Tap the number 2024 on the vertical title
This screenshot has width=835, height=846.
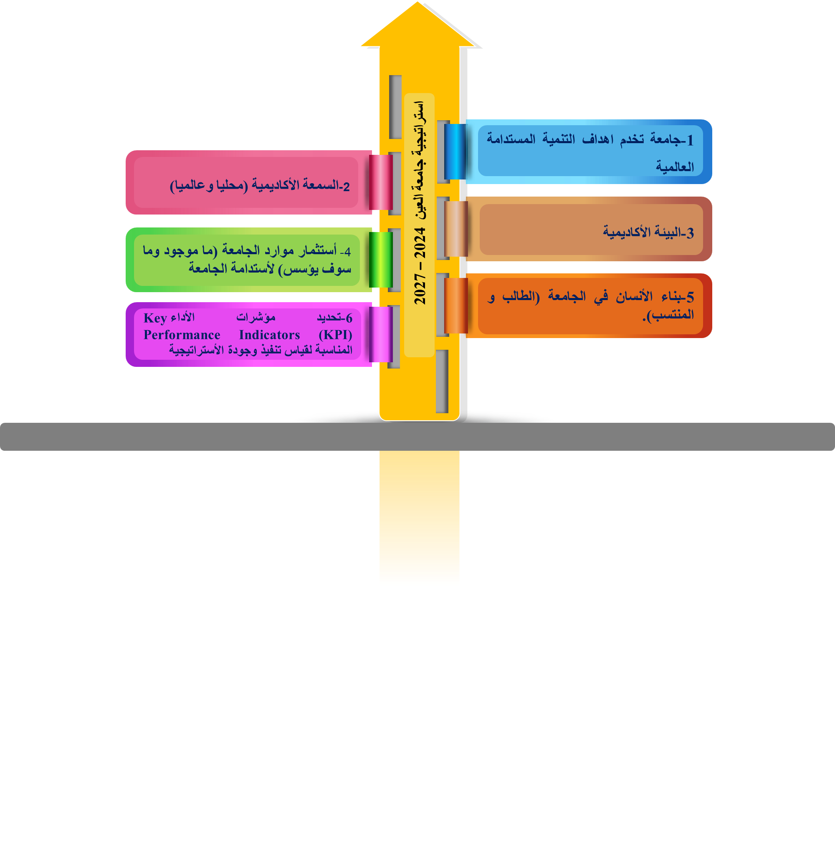point(420,242)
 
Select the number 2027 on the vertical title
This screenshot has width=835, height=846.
point(420,290)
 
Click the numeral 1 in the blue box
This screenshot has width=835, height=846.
point(690,140)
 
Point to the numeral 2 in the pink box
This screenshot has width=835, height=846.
point(346,187)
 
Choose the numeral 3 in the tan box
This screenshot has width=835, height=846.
point(690,232)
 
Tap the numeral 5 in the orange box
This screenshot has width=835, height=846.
point(690,297)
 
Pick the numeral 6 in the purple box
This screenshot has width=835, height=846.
point(349,318)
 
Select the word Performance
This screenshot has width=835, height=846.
point(182,335)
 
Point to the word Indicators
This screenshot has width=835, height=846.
point(269,335)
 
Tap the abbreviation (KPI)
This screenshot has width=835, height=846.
point(336,335)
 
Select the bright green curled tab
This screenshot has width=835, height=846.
point(380,260)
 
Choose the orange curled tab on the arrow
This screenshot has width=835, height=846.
point(455,306)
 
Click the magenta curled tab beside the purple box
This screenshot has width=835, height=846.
point(380,334)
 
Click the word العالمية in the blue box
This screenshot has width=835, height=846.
point(675,167)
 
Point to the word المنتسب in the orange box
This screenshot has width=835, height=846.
point(673,315)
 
